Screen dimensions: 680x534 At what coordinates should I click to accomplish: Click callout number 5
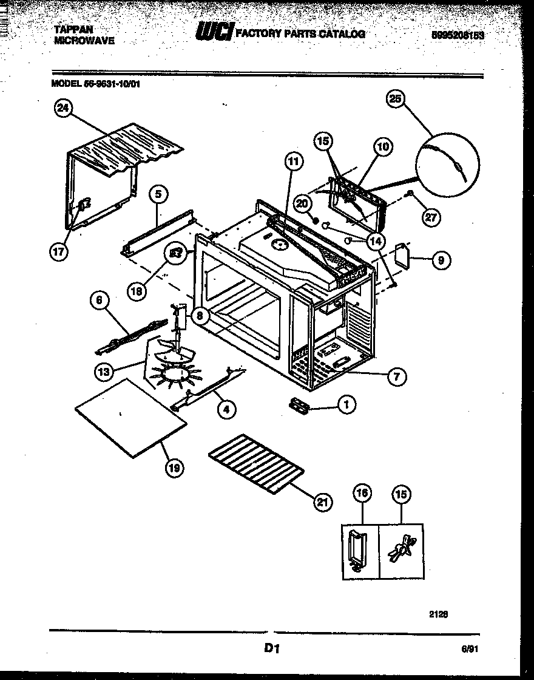coord(158,194)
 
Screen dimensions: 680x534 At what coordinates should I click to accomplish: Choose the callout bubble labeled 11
coord(293,161)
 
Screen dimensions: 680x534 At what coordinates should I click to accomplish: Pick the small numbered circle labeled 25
coord(396,100)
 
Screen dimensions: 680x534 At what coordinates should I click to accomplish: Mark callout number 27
coord(431,219)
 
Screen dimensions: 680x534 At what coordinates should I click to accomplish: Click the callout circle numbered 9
coord(441,260)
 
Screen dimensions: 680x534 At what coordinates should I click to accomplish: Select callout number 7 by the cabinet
coord(396,376)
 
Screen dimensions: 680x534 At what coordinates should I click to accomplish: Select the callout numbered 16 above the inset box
coord(362,494)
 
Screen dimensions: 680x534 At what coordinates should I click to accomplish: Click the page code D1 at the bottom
coord(271,649)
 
